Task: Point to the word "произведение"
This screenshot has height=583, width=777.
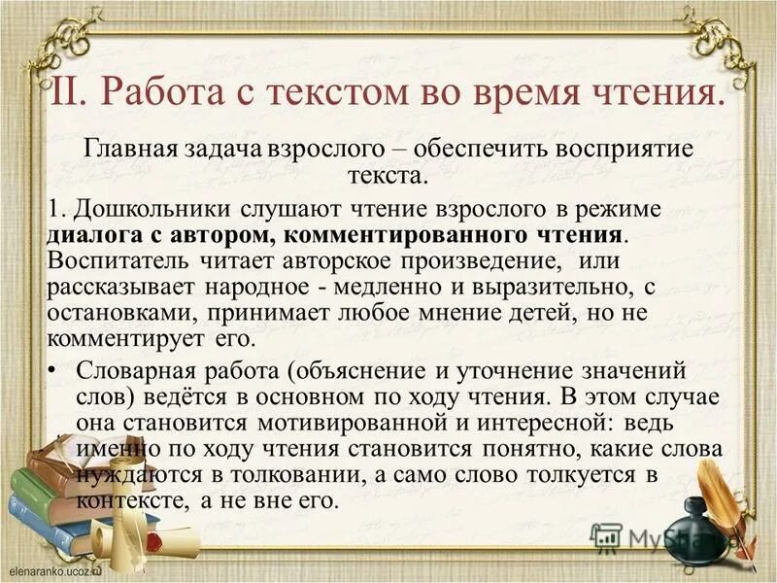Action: (x=491, y=262)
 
